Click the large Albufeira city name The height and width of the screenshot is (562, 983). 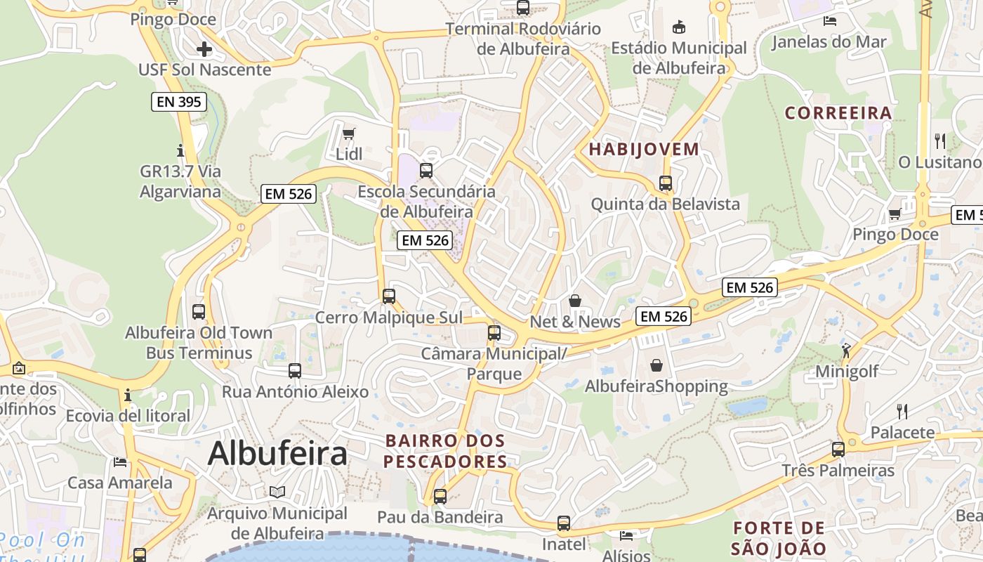point(277,453)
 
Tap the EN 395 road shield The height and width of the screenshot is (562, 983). point(178,102)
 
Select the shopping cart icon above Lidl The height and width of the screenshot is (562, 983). point(348,133)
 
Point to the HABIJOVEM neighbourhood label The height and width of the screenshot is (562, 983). point(644,149)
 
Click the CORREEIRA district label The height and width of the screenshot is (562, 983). point(838,112)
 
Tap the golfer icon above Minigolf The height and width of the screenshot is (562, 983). point(846,350)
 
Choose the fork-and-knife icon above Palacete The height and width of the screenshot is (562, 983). point(902,411)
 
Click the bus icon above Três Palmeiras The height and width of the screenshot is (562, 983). point(838,449)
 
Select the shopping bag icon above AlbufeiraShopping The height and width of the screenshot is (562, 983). point(656,365)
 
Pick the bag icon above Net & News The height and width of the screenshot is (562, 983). point(575,301)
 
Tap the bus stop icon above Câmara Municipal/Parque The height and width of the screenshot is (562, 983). point(494,332)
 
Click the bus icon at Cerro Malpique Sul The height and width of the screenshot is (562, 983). point(388,296)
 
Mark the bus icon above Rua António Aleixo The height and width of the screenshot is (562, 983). point(295,370)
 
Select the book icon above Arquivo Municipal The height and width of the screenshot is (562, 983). point(277,492)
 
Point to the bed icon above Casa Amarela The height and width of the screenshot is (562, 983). point(120,462)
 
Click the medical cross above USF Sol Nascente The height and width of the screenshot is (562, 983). point(204,49)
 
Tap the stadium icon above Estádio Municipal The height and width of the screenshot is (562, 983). point(678,27)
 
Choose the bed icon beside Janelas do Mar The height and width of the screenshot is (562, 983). point(829,21)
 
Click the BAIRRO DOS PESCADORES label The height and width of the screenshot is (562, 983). point(445,451)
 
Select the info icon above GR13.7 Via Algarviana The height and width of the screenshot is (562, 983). point(180,150)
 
